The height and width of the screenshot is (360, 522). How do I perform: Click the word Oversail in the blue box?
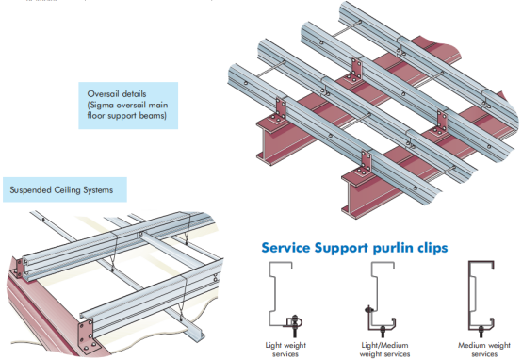(103, 94)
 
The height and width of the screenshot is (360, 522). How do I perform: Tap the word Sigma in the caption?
(99, 105)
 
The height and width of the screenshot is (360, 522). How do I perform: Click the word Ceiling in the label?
(67, 190)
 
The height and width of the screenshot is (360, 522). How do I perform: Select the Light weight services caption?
(285, 350)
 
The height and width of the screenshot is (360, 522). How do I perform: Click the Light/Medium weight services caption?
(384, 350)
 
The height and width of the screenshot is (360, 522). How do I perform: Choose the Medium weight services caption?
(484, 350)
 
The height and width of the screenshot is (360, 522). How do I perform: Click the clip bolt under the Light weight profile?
(295, 326)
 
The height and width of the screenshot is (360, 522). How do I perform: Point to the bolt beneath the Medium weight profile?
(481, 332)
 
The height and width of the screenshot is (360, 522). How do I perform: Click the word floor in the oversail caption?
(95, 115)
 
